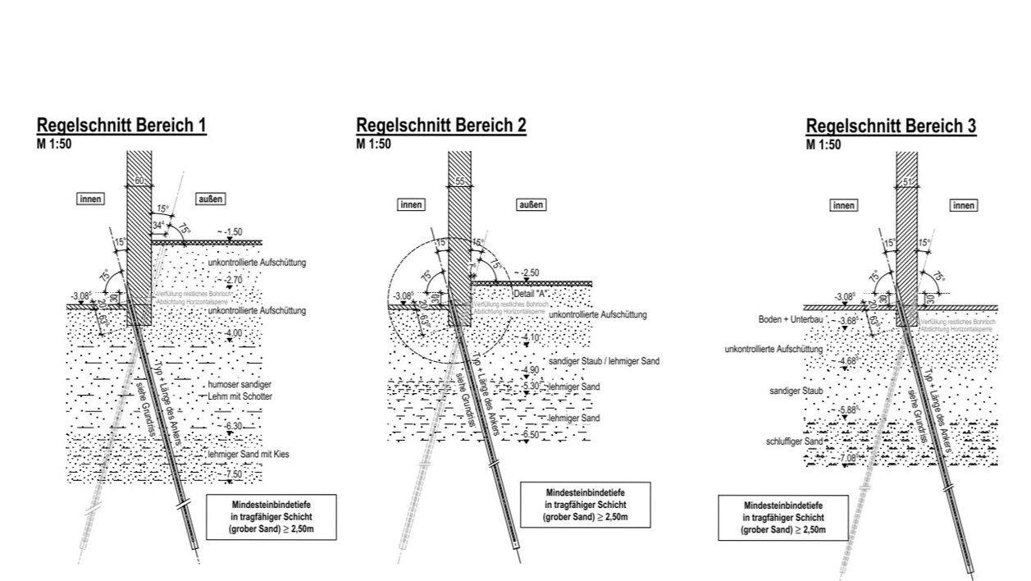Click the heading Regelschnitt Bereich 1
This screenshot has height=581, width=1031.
tap(121, 126)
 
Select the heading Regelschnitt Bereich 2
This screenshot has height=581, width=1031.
tap(440, 125)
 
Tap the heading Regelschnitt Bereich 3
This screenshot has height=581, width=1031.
tap(891, 126)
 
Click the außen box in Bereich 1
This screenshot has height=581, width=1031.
tap(211, 199)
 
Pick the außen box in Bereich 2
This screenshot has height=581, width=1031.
tap(531, 205)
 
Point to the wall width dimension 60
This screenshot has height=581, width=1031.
tap(139, 181)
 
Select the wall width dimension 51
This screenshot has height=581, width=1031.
tap(906, 182)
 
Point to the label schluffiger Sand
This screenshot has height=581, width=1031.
tap(795, 441)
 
